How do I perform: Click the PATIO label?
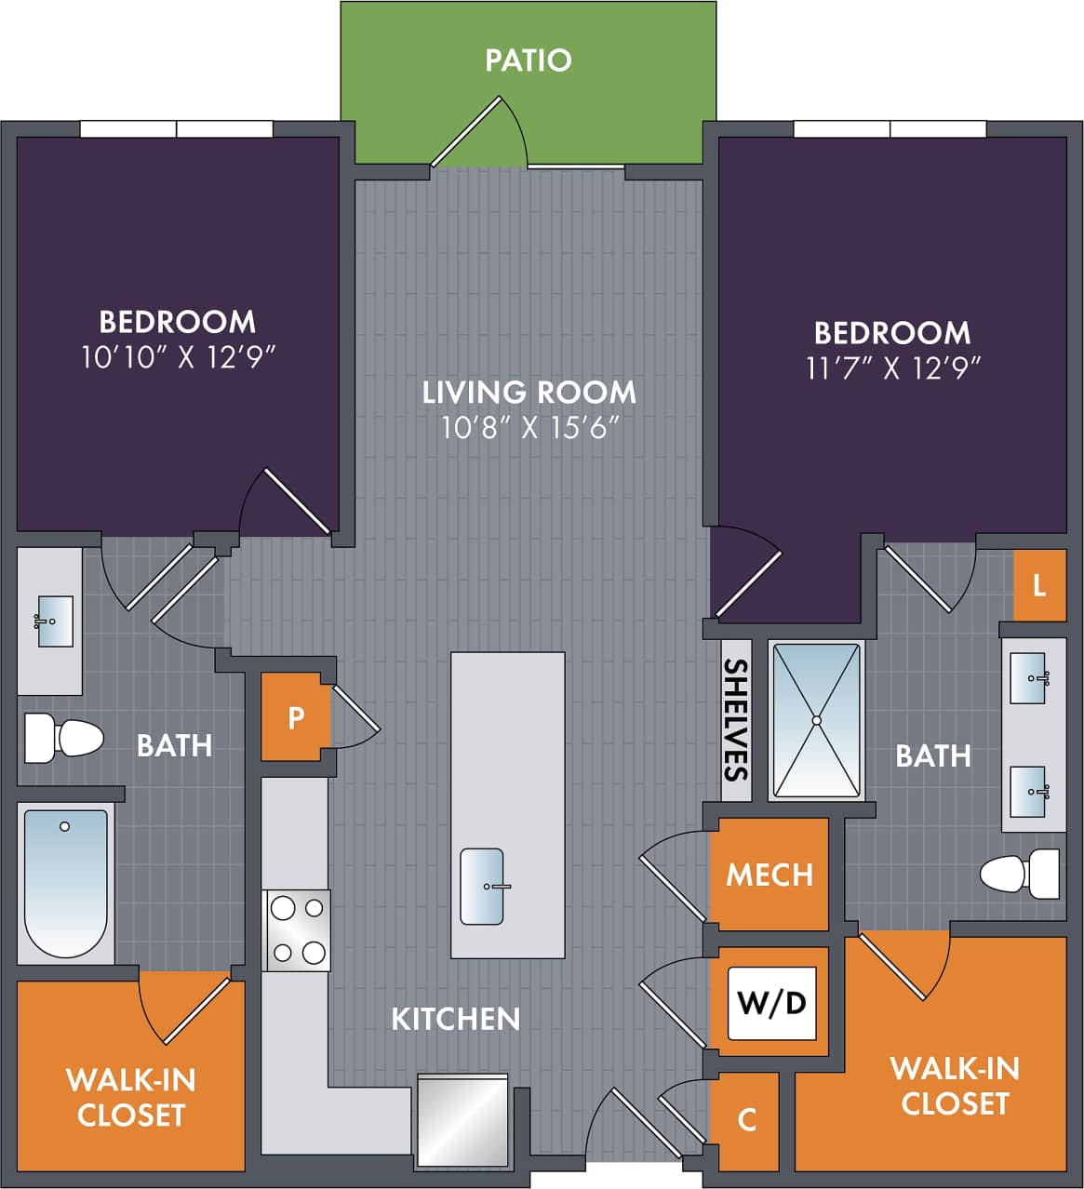click(x=528, y=60)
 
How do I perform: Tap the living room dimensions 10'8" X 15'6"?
click(x=529, y=428)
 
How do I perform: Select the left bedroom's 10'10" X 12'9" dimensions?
click(x=179, y=357)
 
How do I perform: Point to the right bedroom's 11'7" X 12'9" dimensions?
click(x=893, y=368)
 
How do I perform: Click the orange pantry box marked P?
click(x=296, y=717)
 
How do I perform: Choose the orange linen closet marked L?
click(x=1039, y=586)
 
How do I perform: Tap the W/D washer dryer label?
click(x=771, y=1003)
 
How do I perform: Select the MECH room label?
click(x=770, y=875)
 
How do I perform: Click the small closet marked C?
click(x=747, y=1120)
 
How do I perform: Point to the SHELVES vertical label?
click(x=736, y=719)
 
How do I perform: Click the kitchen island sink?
click(x=482, y=886)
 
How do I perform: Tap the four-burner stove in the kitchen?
click(x=297, y=930)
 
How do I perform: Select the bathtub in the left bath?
click(x=65, y=882)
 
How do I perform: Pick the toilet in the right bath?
click(x=1020, y=875)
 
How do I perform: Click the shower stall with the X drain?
click(x=816, y=720)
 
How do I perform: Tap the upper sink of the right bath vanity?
click(x=1029, y=678)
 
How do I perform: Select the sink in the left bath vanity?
click(x=53, y=621)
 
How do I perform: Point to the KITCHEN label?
click(x=455, y=1019)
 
